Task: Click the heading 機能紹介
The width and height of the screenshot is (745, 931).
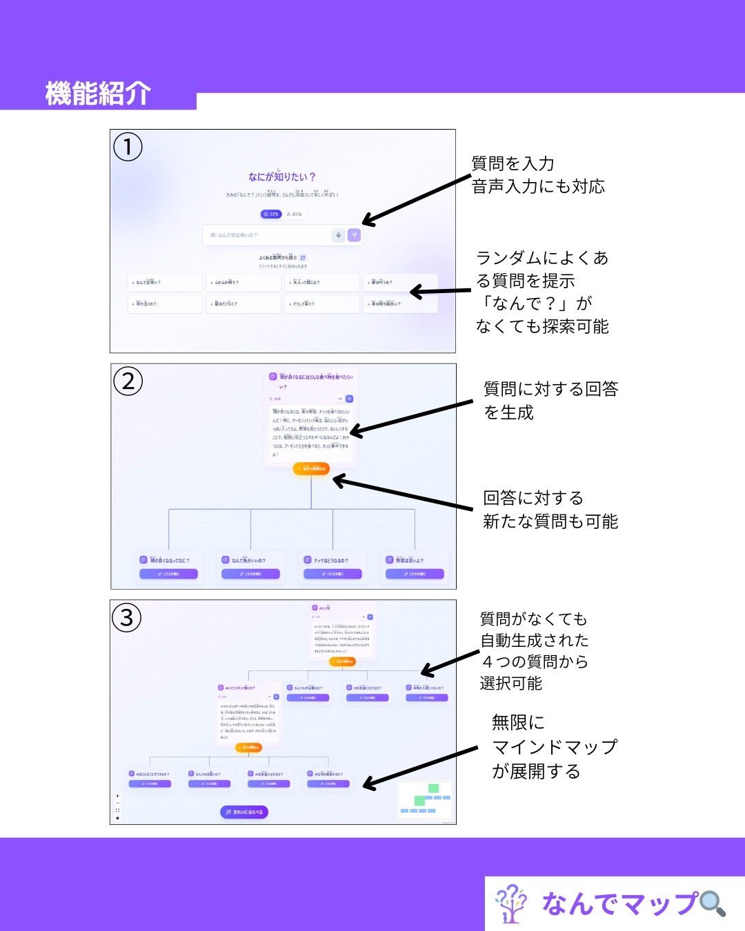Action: pyautogui.click(x=98, y=93)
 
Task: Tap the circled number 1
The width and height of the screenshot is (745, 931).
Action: pyautogui.click(x=128, y=147)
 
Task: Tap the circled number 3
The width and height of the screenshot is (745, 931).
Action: pyautogui.click(x=126, y=617)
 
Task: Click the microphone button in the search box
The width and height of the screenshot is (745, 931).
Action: pyautogui.click(x=338, y=235)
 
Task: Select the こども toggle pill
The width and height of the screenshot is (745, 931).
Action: pyautogui.click(x=271, y=214)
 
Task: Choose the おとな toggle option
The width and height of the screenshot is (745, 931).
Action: pyautogui.click(x=295, y=214)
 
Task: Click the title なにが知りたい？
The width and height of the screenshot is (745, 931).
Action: pyautogui.click(x=281, y=177)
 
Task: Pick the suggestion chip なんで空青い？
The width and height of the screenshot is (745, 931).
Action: pyautogui.click(x=165, y=282)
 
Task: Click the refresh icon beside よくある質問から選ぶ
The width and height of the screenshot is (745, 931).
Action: pyautogui.click(x=303, y=258)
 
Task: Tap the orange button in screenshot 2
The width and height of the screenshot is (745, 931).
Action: pyautogui.click(x=311, y=468)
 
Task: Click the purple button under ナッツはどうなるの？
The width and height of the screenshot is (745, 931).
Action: pyautogui.click(x=332, y=574)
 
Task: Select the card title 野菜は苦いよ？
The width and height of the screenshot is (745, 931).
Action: pyautogui.click(x=410, y=560)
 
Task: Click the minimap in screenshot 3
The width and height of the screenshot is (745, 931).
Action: pyautogui.click(x=425, y=799)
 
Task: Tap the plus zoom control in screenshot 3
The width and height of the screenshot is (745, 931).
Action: pyautogui.click(x=117, y=796)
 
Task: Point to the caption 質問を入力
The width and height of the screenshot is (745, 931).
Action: pyautogui.click(x=513, y=163)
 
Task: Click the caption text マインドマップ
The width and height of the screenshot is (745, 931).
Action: pyautogui.click(x=555, y=747)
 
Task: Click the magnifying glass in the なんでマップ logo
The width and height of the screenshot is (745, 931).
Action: pyautogui.click(x=713, y=903)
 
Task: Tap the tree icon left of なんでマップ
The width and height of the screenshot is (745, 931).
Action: pyautogui.click(x=510, y=903)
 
